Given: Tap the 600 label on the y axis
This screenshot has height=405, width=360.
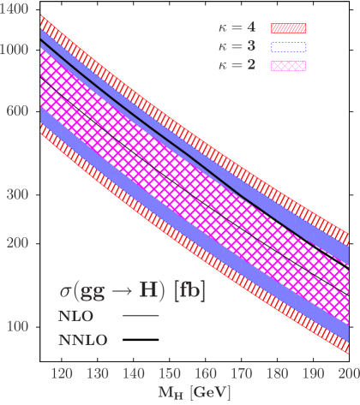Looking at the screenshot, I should [18, 110].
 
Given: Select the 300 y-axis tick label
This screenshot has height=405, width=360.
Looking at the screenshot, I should [18, 195].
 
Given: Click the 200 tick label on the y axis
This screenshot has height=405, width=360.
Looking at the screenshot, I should [18, 243].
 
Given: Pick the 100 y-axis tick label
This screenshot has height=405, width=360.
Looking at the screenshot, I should [18, 326].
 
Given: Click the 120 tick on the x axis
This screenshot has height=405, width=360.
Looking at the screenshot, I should [61, 373].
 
